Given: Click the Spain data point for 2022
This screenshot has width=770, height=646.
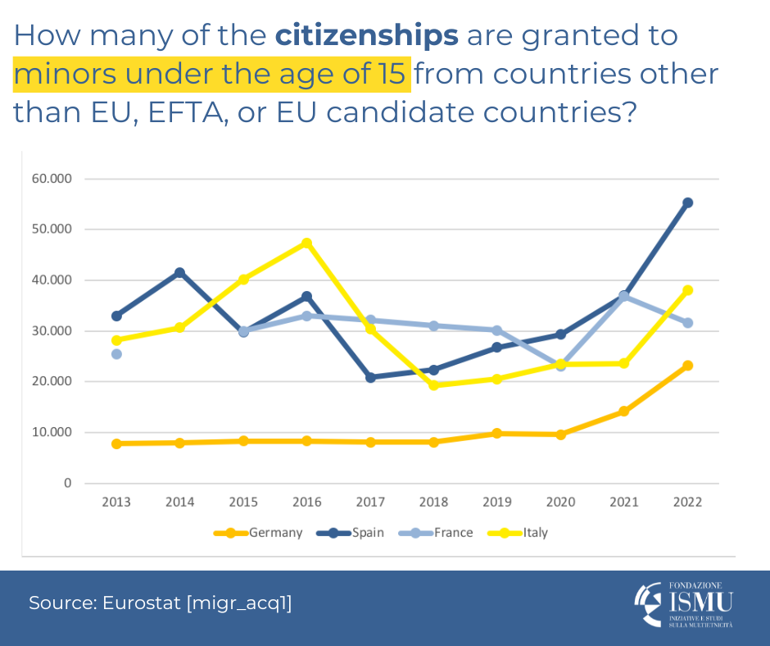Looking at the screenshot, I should tap(688, 202).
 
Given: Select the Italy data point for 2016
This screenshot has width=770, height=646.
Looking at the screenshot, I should tap(306, 243).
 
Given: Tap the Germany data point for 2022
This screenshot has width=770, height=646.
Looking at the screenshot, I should tap(688, 366).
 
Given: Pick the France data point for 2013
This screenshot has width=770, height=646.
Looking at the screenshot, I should tap(116, 354).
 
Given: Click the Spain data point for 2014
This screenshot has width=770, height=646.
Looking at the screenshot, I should tap(179, 272).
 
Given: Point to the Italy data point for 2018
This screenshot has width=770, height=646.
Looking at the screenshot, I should tap(433, 384).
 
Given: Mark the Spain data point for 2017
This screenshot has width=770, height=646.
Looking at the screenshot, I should tap(370, 377).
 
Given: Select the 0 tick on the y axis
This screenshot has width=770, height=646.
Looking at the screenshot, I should tap(68, 483).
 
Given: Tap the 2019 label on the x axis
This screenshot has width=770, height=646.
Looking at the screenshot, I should tap(497, 503).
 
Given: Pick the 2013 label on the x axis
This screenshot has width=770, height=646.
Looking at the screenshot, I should tap(116, 503).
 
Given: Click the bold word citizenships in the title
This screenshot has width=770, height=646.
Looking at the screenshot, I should tap(366, 35).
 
